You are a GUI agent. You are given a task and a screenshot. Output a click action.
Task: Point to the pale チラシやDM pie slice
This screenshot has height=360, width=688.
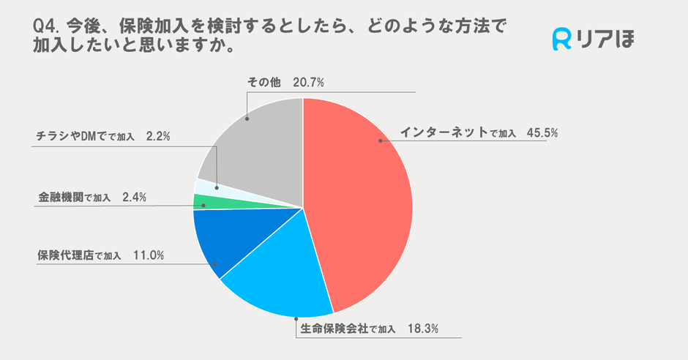[x=206, y=186]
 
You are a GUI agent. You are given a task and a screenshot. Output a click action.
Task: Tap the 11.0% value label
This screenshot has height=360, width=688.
[x=149, y=255]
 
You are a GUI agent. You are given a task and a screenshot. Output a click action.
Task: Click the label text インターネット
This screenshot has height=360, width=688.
[x=444, y=133]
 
